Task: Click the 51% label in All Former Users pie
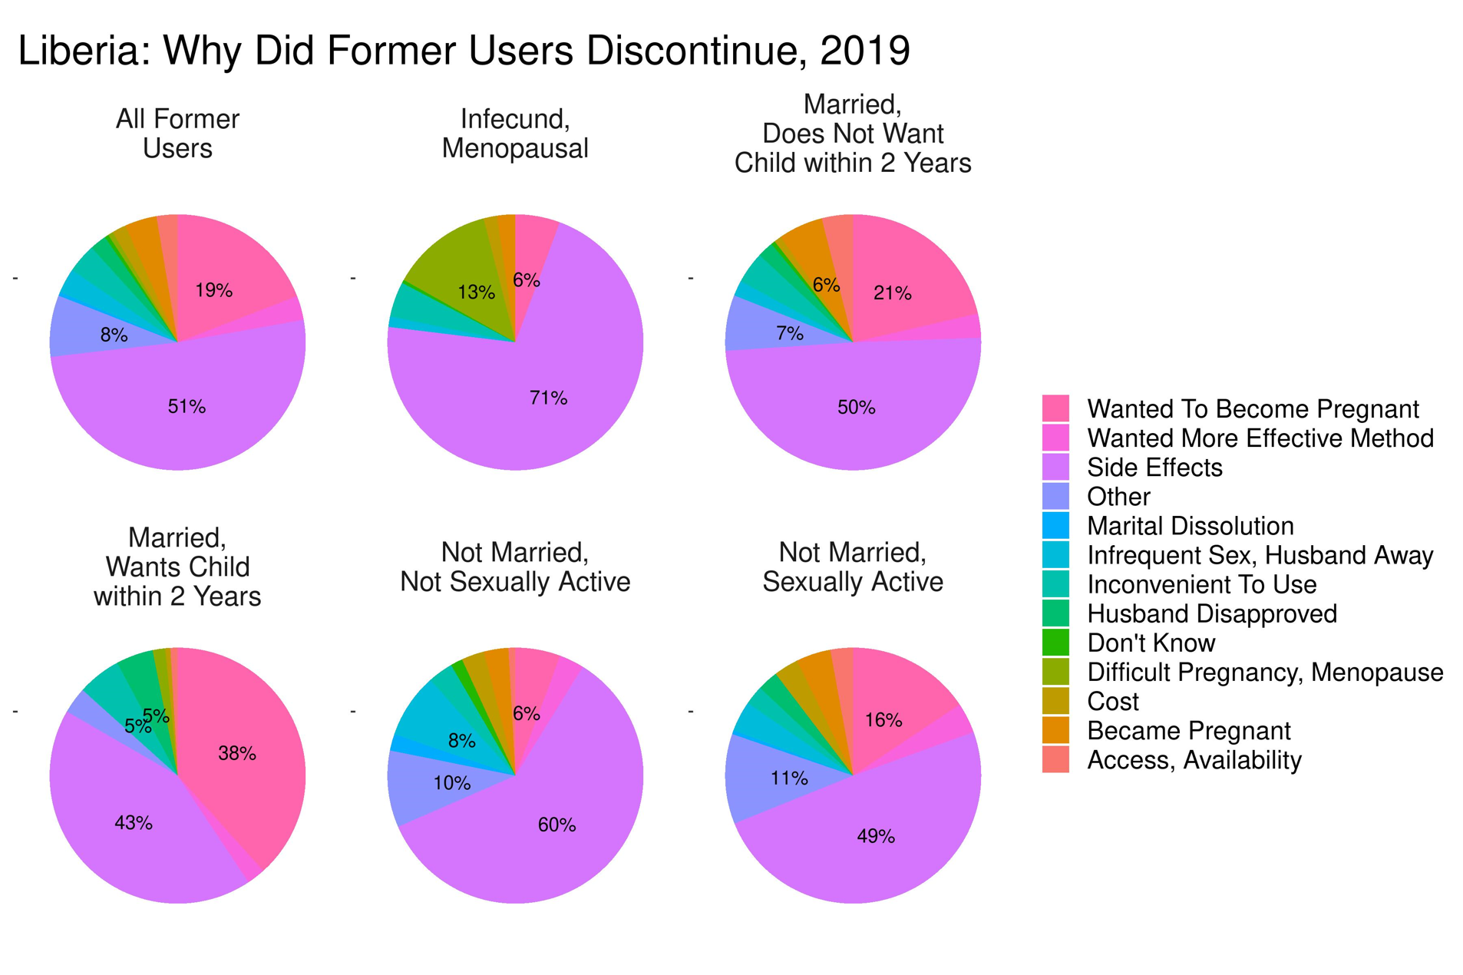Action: (x=187, y=406)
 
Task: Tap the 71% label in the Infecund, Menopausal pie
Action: (x=548, y=398)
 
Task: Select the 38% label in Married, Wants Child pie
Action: (x=236, y=753)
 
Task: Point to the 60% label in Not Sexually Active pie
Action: (x=556, y=825)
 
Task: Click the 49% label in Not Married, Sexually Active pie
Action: (x=876, y=836)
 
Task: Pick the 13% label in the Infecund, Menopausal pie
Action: (x=476, y=292)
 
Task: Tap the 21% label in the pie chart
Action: (x=892, y=292)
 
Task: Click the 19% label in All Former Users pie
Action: (x=213, y=290)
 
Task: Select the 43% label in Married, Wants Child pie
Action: (x=134, y=823)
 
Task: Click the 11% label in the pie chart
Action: (x=789, y=778)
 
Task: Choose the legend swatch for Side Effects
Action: (x=1055, y=468)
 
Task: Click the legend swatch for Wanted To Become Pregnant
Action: (x=1055, y=408)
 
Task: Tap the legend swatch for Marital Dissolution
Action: (x=1055, y=526)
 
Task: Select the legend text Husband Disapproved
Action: (x=1211, y=613)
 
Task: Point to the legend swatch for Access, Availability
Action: (x=1055, y=759)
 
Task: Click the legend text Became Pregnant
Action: (x=1188, y=730)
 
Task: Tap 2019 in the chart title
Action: (x=864, y=51)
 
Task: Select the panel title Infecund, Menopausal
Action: (x=515, y=134)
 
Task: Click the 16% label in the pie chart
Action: (x=883, y=720)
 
